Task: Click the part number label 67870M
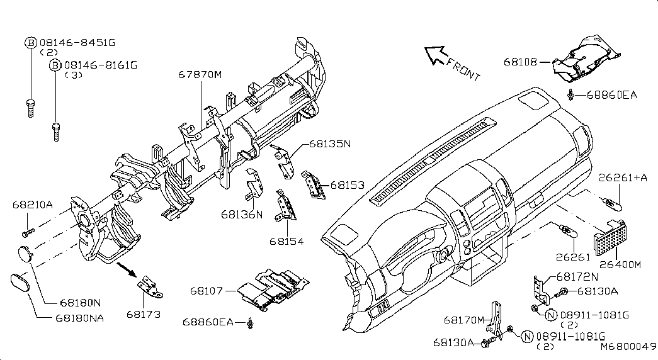tap(200, 75)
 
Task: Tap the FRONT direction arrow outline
tap(434, 55)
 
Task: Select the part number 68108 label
tap(520, 62)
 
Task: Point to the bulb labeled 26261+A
tap(612, 204)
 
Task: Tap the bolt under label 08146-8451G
tap(30, 108)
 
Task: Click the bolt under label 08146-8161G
tap(56, 132)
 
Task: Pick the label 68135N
tap(330, 143)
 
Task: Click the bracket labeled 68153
tap(314, 184)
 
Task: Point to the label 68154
tap(286, 241)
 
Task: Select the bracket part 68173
tap(149, 288)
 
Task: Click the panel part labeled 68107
tap(273, 290)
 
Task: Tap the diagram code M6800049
tap(628, 347)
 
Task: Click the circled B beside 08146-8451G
tap(31, 42)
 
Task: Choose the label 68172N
tap(577, 277)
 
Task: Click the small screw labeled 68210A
tap(28, 231)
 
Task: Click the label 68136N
tap(242, 215)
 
